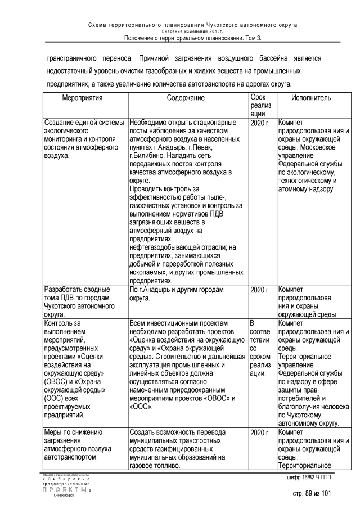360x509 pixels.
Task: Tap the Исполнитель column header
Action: click(x=311, y=98)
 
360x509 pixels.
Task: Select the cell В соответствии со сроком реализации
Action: click(x=259, y=348)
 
